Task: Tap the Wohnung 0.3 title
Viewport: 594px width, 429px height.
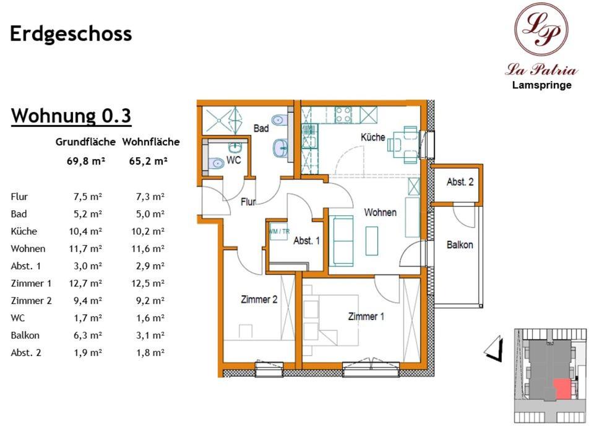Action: click(x=71, y=116)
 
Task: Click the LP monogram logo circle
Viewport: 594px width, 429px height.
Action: click(x=541, y=29)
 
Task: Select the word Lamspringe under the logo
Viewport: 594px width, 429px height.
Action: click(x=542, y=85)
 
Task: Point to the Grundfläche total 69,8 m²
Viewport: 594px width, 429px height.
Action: click(x=85, y=161)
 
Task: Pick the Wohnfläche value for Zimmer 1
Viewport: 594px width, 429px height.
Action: click(x=148, y=283)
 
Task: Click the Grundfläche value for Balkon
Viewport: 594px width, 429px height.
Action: click(x=88, y=336)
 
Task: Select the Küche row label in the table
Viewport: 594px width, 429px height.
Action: click(x=24, y=231)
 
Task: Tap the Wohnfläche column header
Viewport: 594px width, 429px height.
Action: click(x=151, y=142)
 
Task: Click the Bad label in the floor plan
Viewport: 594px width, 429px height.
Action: click(x=261, y=129)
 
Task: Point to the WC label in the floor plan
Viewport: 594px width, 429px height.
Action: click(x=233, y=160)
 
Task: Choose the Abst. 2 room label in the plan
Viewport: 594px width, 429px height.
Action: click(x=460, y=182)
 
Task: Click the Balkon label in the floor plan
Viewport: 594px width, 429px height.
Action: click(x=460, y=245)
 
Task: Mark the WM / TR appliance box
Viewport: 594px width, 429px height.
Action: click(x=279, y=231)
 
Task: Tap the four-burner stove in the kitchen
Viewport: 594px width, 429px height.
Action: click(x=343, y=115)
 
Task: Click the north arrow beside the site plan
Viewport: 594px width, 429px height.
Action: click(x=494, y=348)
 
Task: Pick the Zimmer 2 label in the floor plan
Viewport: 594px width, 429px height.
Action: click(x=259, y=300)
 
